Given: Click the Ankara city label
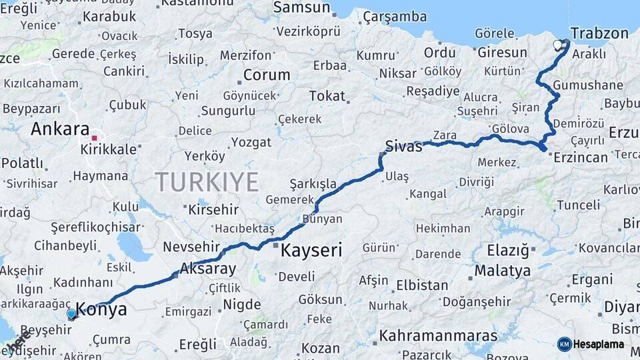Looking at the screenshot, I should pyautogui.click(x=60, y=129).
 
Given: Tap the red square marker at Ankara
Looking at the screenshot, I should pyautogui.click(x=95, y=138).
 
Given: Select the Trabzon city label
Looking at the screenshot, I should pyautogui.click(x=599, y=33).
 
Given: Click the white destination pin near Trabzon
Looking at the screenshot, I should pyautogui.click(x=559, y=45).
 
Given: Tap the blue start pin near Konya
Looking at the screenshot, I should pyautogui.click(x=71, y=313).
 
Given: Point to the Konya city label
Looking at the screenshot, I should pyautogui.click(x=101, y=309).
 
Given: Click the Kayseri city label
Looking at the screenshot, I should pyautogui.click(x=311, y=251).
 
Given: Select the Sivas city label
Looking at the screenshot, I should pyautogui.click(x=403, y=147).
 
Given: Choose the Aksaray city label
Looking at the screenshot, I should pyautogui.click(x=208, y=269).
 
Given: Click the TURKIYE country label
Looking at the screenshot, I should pyautogui.click(x=207, y=181).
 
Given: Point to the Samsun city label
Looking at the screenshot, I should pyautogui.click(x=302, y=8).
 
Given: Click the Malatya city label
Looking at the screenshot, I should pyautogui.click(x=502, y=271).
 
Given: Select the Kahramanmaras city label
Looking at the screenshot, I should pyautogui.click(x=438, y=335).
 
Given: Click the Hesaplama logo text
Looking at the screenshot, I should pyautogui.click(x=599, y=344).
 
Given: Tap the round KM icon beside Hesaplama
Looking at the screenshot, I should pyautogui.click(x=565, y=344).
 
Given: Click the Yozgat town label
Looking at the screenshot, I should pyautogui.click(x=251, y=142).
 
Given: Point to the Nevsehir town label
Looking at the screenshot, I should pyautogui.click(x=191, y=246).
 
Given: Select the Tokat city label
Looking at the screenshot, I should pyautogui.click(x=327, y=96).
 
